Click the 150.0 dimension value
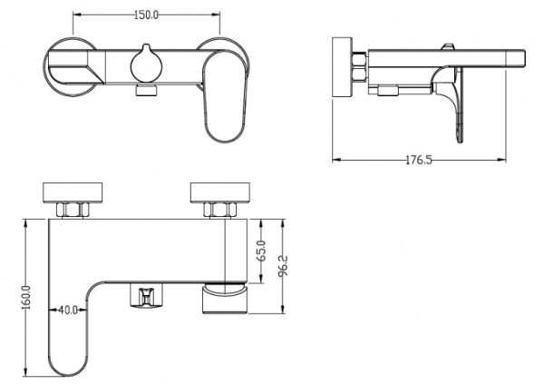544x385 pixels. tap(146, 15)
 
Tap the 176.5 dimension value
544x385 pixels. tap(419, 160)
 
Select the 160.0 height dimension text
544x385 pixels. tap(26, 297)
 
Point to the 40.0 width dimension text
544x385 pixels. tap(68, 310)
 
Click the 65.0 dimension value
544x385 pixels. tap(262, 251)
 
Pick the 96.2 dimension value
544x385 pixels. tap(283, 265)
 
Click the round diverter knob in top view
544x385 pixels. tap(146, 64)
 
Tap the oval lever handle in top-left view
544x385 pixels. tap(225, 95)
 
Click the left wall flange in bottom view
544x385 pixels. tap(73, 192)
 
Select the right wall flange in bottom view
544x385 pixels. tap(220, 192)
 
